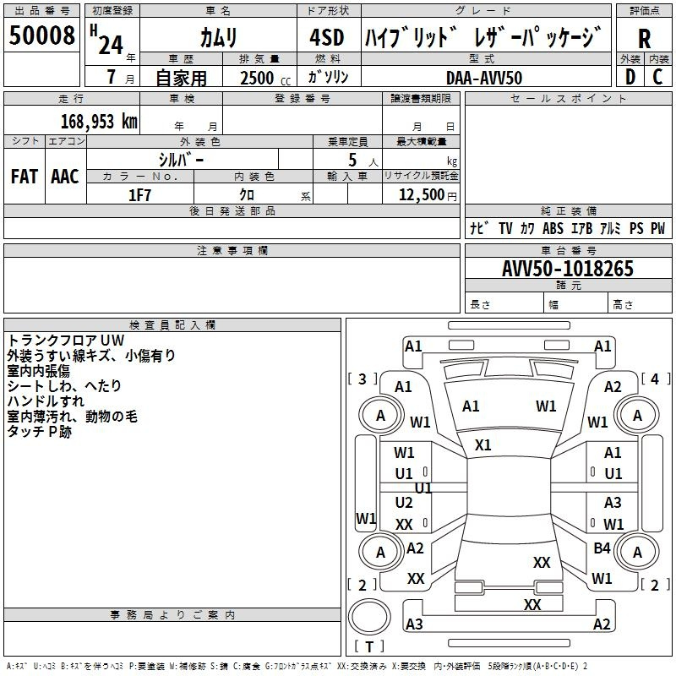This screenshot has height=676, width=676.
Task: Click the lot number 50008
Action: click(x=41, y=35)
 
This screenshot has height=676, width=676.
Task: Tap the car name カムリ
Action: click(x=218, y=38)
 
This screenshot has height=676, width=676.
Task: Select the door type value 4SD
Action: click(x=326, y=38)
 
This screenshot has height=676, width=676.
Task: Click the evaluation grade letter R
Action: click(x=645, y=39)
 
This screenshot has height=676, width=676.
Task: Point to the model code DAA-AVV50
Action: click(x=484, y=78)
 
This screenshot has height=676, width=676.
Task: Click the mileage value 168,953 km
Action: click(x=99, y=121)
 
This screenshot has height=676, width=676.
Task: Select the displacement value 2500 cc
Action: click(x=259, y=78)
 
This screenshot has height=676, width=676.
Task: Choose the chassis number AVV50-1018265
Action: click(x=567, y=269)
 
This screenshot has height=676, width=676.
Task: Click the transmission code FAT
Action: click(x=24, y=177)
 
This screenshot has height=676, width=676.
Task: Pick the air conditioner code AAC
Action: click(x=64, y=177)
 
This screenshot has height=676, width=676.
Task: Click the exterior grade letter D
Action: click(x=629, y=77)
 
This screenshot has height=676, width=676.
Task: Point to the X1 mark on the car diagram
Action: click(x=482, y=444)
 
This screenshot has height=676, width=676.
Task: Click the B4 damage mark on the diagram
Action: click(x=602, y=548)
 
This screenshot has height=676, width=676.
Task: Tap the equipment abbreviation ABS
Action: click(x=553, y=228)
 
